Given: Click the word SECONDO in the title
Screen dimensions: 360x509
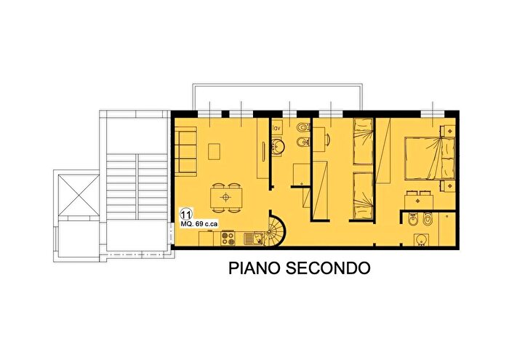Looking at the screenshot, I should (x=329, y=268).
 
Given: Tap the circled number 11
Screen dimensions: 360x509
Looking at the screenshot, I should (x=186, y=215).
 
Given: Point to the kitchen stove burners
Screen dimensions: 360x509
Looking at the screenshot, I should (x=228, y=237).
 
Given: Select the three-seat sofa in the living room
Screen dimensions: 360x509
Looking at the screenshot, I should (x=185, y=151).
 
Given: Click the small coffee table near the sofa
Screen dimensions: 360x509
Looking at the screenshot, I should (x=213, y=151).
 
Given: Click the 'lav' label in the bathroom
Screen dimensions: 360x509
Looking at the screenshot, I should (x=276, y=128).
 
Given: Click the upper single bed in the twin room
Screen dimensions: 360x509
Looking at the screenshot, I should (x=363, y=143).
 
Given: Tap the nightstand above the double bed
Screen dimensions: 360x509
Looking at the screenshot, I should (x=446, y=128).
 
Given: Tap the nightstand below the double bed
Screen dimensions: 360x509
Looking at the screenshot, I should (x=446, y=188).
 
